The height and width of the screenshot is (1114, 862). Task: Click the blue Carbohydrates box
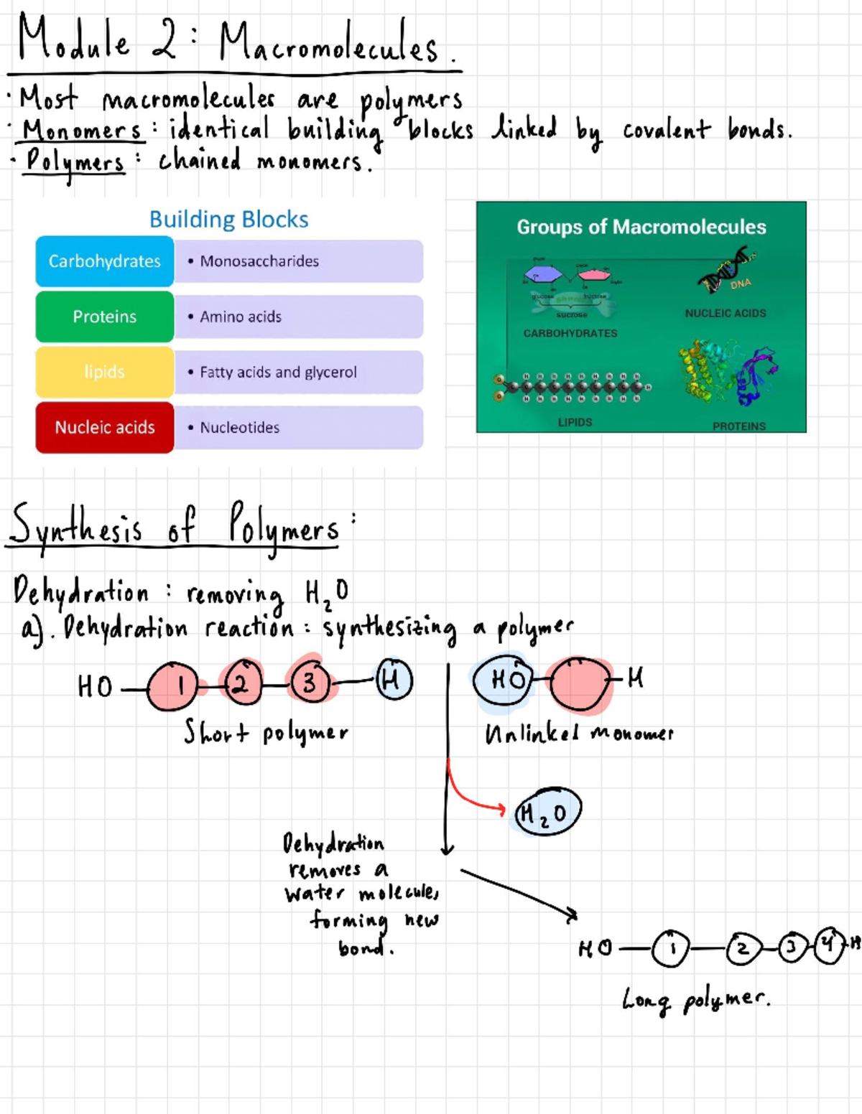(105, 261)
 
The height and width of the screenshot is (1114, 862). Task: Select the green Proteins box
(105, 317)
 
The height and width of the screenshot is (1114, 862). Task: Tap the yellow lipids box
(105, 372)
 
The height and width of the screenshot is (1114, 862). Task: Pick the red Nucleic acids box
(105, 427)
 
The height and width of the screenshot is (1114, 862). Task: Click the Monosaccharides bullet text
(259, 261)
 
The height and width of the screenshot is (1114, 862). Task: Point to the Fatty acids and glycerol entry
(278, 372)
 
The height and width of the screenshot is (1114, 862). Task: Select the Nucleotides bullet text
(240, 427)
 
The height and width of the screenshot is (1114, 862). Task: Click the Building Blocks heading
(228, 219)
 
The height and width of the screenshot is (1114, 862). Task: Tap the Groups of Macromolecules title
(641, 227)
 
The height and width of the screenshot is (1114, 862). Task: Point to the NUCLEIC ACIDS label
(725, 313)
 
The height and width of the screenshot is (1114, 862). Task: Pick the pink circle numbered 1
(173, 685)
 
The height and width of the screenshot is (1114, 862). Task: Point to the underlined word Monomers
(82, 131)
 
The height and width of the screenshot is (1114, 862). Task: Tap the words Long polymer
(695, 998)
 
